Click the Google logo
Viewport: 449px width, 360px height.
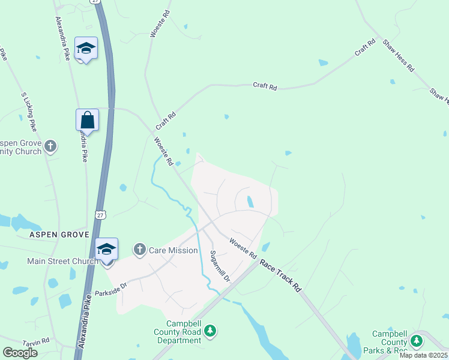pyautogui.click(x=20, y=353)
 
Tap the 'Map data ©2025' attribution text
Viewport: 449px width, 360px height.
pyautogui.click(x=424, y=355)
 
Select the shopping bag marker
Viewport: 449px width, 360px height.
pyautogui.click(x=88, y=120)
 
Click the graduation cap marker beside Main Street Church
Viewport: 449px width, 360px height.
pyautogui.click(x=107, y=249)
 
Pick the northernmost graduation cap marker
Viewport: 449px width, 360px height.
pyautogui.click(x=86, y=49)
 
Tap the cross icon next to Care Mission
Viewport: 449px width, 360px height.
pyautogui.click(x=140, y=250)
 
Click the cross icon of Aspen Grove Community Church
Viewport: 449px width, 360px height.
pyautogui.click(x=51, y=145)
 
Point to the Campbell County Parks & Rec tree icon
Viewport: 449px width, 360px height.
pyautogui.click(x=416, y=341)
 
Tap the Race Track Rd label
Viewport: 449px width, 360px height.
pyautogui.click(x=280, y=275)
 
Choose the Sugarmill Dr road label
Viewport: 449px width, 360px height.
pyautogui.click(x=219, y=266)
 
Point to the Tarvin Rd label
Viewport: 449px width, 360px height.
pyautogui.click(x=37, y=342)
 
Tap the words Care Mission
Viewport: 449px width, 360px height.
pyautogui.click(x=173, y=250)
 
